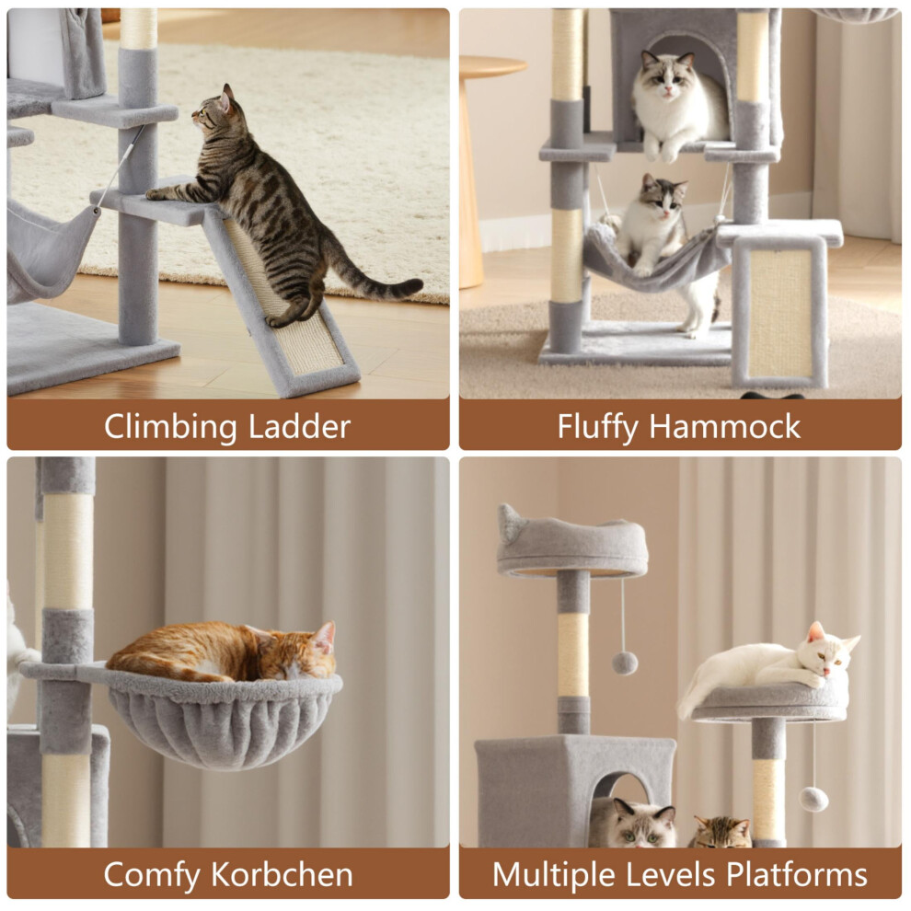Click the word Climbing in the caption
click(170, 428)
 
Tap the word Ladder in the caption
click(299, 426)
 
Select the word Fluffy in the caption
click(597, 428)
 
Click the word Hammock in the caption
click(724, 426)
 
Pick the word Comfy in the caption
click(151, 875)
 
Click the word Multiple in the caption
click(553, 875)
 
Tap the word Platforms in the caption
click(797, 874)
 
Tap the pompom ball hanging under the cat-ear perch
click(625, 663)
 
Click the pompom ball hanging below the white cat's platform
click(813, 799)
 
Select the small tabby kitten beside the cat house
click(721, 832)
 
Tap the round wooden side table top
click(491, 66)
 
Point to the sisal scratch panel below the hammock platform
click(778, 312)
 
